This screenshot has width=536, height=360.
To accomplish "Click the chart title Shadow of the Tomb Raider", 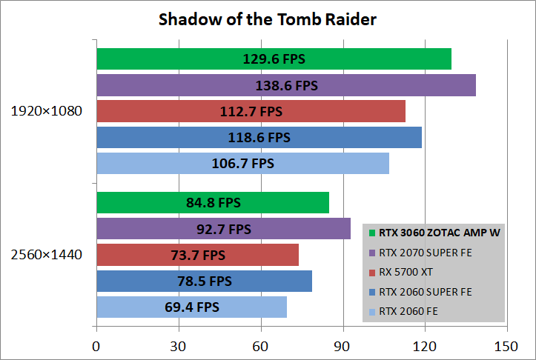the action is pos(268,19).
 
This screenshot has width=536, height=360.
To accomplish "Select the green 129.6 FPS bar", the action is pos(274,59).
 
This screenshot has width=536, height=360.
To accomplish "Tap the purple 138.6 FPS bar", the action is pos(286,85).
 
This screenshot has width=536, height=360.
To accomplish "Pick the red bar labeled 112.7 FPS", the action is pos(251,111).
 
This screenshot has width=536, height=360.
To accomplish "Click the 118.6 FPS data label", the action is pos(259,138).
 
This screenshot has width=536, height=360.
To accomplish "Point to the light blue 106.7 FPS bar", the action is pos(243,163).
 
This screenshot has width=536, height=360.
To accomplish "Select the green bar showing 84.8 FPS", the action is pos(213,202).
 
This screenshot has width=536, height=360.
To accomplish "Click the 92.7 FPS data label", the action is pos(224,229).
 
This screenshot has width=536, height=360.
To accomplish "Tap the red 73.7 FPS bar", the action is pos(198,255).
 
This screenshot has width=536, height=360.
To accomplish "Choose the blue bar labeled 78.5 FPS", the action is pos(205,281).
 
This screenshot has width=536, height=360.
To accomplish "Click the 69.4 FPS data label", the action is pos(192,307).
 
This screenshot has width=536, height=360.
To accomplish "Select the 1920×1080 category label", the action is pos(47,111).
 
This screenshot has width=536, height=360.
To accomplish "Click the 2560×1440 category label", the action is pos(47,255).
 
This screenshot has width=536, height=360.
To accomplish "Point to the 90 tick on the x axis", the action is pos(342,347).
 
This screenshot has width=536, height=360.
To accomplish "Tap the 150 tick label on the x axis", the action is pos(506,347).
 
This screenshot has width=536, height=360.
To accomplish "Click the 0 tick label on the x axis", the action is pos(96,347).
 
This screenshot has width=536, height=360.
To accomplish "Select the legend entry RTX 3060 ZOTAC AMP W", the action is pos(434,233).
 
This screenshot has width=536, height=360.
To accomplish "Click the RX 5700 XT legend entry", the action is pos(401,272).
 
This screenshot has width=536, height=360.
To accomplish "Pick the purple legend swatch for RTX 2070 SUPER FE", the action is pos(372,253).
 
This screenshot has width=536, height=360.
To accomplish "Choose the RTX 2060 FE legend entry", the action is pos(403,312).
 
